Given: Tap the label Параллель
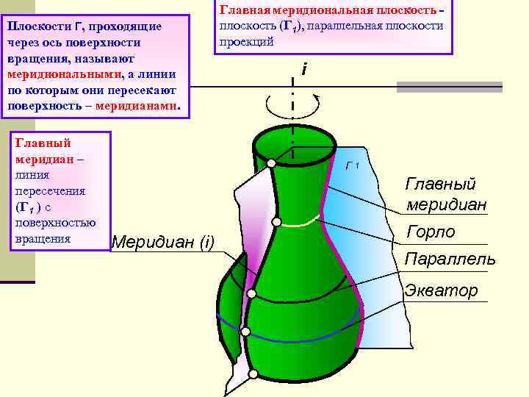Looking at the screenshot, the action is pos(450,260).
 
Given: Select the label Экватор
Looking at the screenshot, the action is pos(441,290).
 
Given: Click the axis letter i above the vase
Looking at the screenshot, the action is pos(303,71).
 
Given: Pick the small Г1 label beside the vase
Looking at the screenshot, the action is pos(352,165).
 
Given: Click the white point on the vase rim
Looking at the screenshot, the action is pos(272,163).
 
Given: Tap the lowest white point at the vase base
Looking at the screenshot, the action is pos(253,374).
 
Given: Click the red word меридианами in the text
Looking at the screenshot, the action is pos(136,105).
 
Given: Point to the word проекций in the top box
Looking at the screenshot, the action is pos(245,42).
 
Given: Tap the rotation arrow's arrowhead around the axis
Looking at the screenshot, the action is pos(316,97).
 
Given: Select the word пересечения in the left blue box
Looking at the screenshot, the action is pos(49,190).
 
